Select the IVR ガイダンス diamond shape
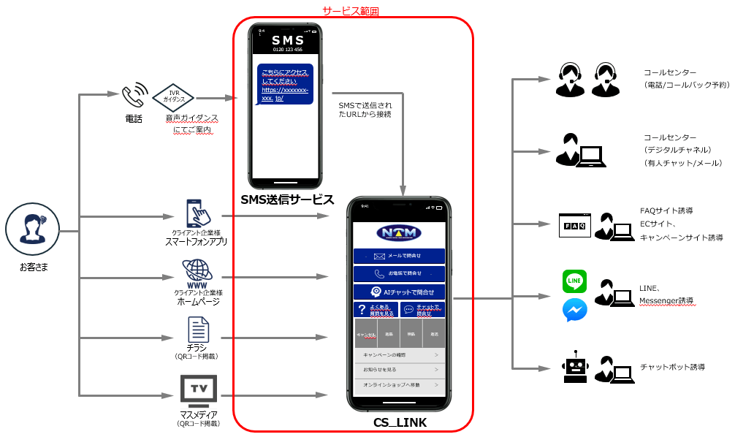point(174,97)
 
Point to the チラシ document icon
point(198,330)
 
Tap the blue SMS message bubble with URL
point(284,85)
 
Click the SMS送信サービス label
point(286,199)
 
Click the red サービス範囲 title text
point(351,11)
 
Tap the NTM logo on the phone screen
point(399,233)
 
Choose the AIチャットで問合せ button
point(399,292)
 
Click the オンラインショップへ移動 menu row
point(399,384)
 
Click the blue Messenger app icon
point(575,311)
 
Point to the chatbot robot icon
point(575,367)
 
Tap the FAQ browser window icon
point(574,225)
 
